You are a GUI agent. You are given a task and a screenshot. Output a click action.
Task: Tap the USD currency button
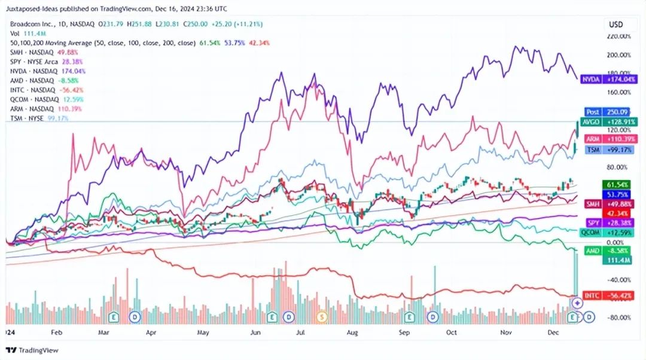tap(616, 25)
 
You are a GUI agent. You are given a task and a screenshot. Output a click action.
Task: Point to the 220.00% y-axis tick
tap(618, 36)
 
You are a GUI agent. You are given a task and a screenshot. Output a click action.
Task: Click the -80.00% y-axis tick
tap(618, 318)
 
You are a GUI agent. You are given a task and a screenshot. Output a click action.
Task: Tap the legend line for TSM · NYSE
tap(39, 118)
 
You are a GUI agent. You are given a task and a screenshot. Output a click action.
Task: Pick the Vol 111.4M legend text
tap(25, 33)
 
